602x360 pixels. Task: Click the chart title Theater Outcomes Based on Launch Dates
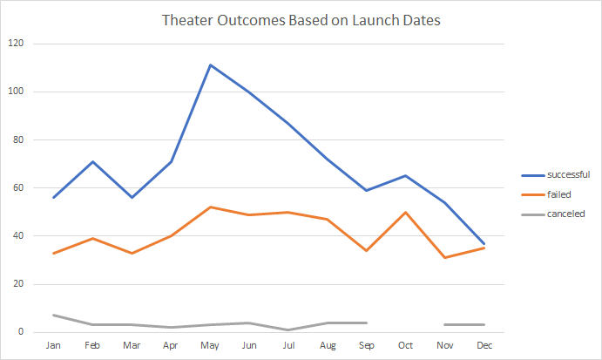point(301,20)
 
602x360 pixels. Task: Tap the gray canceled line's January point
point(54,315)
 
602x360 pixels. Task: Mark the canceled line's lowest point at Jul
point(287,329)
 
